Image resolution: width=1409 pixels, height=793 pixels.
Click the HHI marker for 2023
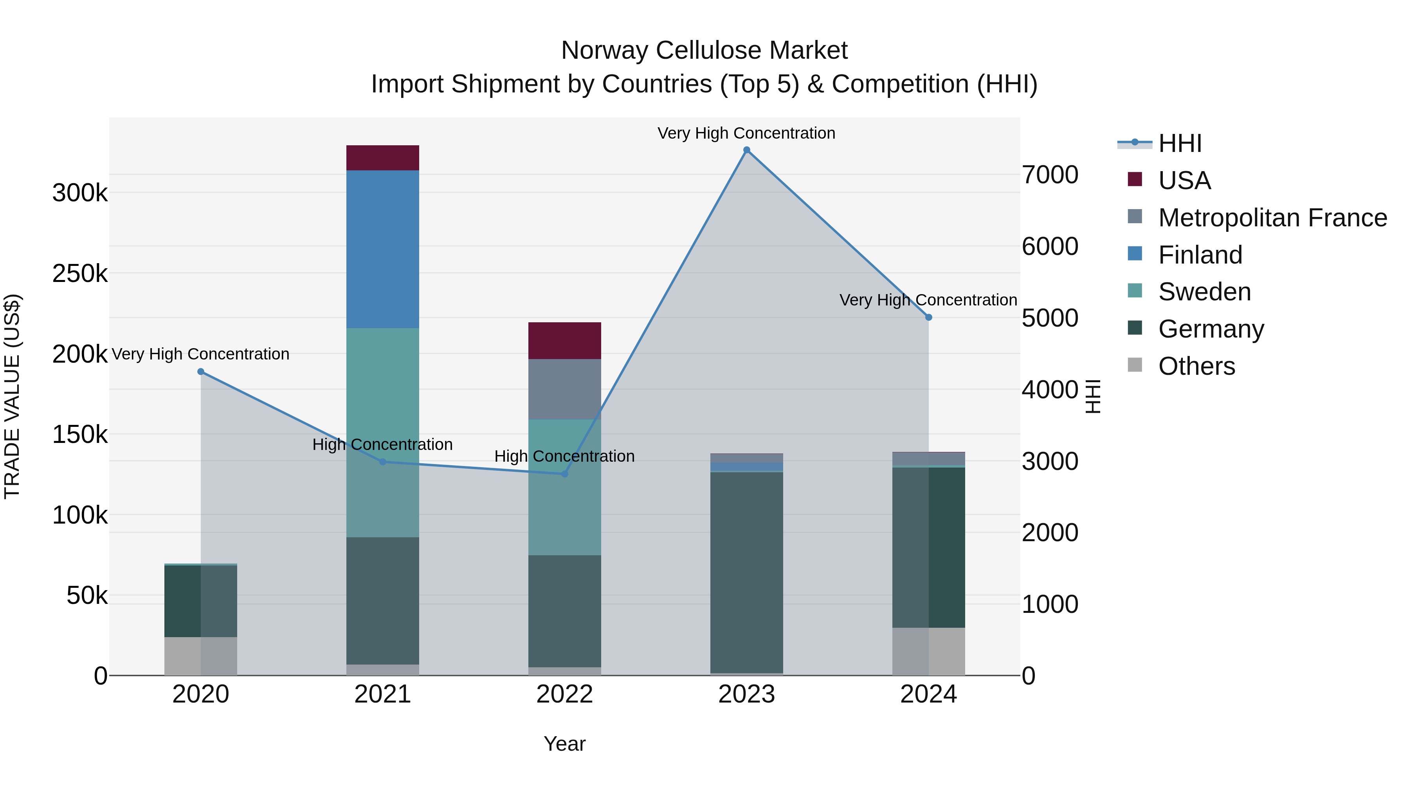pyautogui.click(x=747, y=150)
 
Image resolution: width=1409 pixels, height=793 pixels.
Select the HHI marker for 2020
pyautogui.click(x=201, y=372)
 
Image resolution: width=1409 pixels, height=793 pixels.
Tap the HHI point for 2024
pyautogui.click(x=928, y=318)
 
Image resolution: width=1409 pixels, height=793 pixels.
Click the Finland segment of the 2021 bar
pyautogui.click(x=382, y=249)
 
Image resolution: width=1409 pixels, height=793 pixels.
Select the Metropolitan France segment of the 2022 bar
pyautogui.click(x=564, y=389)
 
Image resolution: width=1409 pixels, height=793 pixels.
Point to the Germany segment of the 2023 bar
pyautogui.click(x=747, y=572)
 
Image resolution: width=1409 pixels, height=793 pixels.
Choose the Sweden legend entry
pyautogui.click(x=1204, y=292)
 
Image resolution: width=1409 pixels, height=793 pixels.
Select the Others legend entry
pyautogui.click(x=1196, y=366)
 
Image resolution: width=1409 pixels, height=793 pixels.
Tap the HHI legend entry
pyautogui.click(x=1180, y=143)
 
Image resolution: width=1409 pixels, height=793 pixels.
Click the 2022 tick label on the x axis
pyautogui.click(x=564, y=694)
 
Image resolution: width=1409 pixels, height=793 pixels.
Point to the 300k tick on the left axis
pyautogui.click(x=80, y=193)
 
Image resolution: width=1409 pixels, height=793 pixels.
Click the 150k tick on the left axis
pyautogui.click(x=80, y=435)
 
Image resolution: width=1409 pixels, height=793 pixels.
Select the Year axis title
pyautogui.click(x=564, y=744)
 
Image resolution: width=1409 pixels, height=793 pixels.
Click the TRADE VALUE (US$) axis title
pyautogui.click(x=13, y=396)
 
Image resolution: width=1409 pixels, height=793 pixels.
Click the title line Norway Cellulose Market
pyautogui.click(x=704, y=51)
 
